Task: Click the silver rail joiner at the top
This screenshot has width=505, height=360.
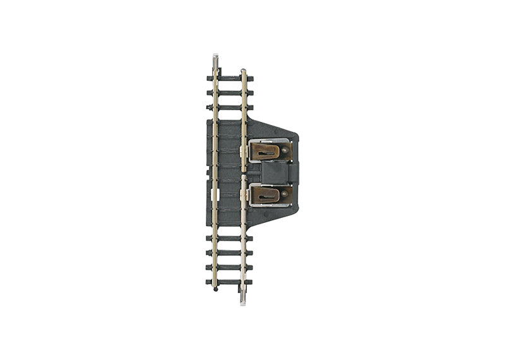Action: coord(216,61)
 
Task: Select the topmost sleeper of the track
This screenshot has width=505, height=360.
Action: coord(230,78)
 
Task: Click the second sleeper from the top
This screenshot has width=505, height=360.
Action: coord(230,93)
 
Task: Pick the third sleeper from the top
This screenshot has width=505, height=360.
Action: coord(230,107)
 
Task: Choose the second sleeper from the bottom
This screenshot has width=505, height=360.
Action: coord(230,267)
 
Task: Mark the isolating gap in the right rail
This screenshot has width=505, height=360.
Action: coord(244,174)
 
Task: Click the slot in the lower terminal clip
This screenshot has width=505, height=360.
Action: coord(268,197)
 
